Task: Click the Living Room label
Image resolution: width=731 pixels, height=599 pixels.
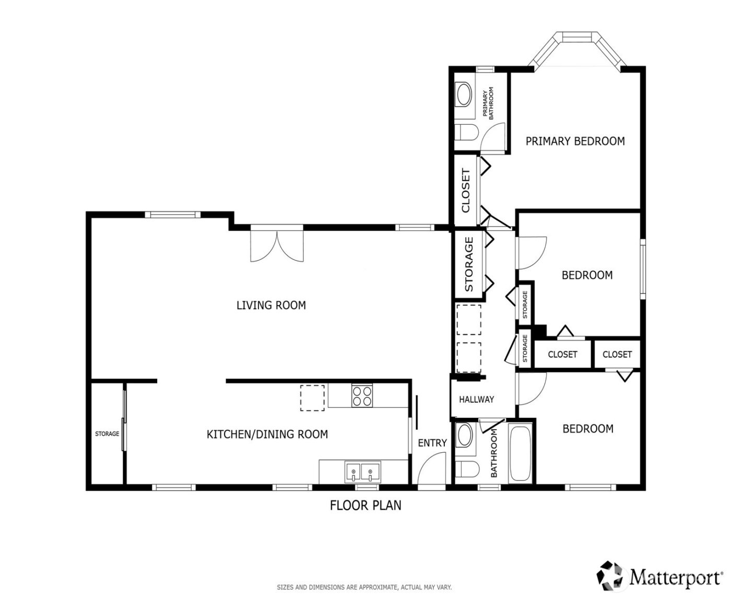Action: pos(271,305)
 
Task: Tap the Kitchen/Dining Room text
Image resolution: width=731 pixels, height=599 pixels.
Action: pos(267,434)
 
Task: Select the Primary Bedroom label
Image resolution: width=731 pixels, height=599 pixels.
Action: pos(575,141)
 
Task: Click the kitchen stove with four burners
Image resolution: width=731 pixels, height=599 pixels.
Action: pos(362,396)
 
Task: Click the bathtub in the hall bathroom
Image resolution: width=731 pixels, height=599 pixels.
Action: pos(520,454)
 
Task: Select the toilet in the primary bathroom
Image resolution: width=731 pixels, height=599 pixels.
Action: pos(464,133)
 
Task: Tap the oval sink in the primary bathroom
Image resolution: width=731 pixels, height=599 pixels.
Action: pos(463,96)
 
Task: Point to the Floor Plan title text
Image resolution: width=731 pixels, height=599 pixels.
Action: pos(365,505)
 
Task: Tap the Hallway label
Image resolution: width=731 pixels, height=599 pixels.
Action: pos(476,400)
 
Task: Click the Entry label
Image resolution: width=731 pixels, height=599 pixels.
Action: pos(432,443)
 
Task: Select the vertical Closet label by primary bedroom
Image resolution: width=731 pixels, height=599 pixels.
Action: pos(466,191)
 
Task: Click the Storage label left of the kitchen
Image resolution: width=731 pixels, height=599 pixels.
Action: pos(107,434)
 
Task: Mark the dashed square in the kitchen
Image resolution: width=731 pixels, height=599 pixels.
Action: pos(312,398)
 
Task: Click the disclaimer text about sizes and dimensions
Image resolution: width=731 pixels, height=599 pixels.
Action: pos(364,588)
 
